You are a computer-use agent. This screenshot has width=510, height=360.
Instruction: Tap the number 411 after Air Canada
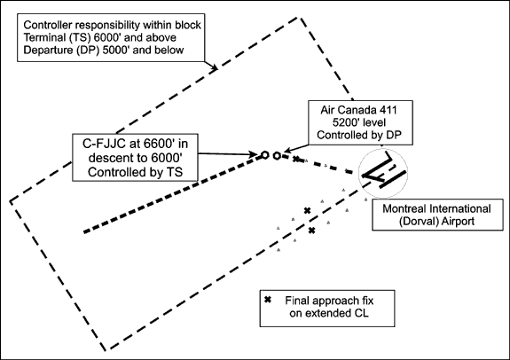(388, 110)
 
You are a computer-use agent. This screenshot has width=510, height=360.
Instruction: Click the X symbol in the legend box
(267, 300)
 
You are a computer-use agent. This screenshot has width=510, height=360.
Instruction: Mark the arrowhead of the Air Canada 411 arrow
(286, 151)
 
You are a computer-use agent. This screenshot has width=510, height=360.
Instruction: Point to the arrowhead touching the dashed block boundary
(215, 67)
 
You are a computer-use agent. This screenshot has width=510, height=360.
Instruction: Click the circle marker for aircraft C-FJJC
(265, 155)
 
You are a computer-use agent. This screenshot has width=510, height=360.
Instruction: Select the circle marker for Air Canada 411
(277, 156)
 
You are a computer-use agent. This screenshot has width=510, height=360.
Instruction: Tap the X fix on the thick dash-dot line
(295, 159)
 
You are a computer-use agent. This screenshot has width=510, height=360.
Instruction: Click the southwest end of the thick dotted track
(84, 232)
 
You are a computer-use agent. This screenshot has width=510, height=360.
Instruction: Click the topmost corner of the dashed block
(298, 18)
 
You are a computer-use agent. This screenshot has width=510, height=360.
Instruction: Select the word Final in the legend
(297, 301)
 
